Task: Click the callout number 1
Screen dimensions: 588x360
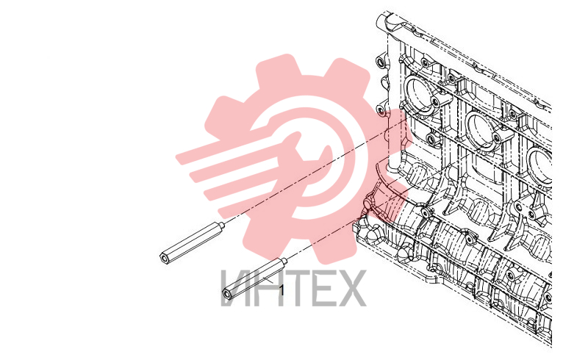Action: click(x=282, y=290)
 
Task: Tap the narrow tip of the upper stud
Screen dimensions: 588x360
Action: click(x=222, y=225)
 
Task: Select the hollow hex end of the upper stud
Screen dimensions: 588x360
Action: click(x=164, y=259)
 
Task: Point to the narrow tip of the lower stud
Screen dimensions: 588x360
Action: click(x=284, y=261)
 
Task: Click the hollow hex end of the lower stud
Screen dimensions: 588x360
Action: click(x=226, y=294)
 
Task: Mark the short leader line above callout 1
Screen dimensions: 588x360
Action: click(x=269, y=280)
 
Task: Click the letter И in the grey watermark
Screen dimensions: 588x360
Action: click(x=236, y=288)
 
